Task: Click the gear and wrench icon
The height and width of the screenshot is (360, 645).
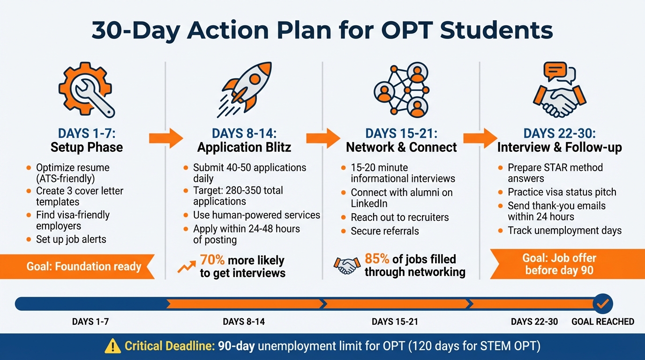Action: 86,89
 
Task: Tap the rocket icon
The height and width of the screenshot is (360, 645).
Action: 245,89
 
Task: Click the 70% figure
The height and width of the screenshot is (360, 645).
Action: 212,260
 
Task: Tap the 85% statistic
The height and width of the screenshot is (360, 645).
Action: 377,259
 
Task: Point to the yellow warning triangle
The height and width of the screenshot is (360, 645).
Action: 112,347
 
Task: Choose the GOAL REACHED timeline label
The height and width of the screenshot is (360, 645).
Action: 603,322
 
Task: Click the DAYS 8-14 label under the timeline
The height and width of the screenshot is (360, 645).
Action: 244,322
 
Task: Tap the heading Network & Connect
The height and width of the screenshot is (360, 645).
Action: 401,147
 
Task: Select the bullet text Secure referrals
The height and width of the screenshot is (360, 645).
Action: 385,231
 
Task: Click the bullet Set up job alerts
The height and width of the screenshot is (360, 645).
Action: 71,240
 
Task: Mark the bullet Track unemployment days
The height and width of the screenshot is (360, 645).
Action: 564,231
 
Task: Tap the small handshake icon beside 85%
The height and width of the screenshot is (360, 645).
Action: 347,266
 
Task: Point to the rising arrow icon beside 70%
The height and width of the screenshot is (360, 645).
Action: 187,267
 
